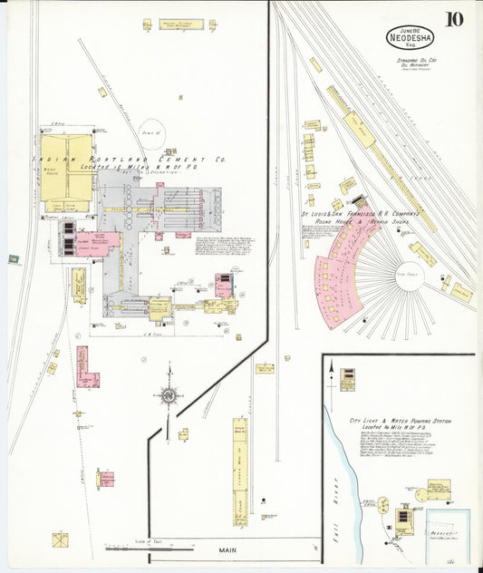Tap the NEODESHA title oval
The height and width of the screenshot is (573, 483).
pos(411,37)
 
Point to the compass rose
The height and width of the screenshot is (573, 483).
pos(169,394)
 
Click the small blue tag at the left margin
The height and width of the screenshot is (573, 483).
pos(13,260)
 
